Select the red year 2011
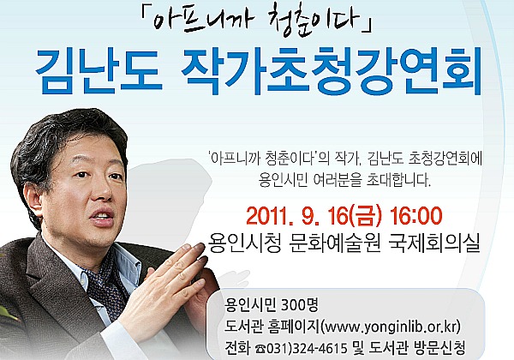[x=269, y=217]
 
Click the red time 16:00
[x=415, y=216]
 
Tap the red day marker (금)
[x=366, y=217]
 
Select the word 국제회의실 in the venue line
[x=434, y=243]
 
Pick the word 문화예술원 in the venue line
[x=335, y=243]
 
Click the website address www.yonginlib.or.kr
[x=391, y=327]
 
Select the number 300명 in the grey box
[x=299, y=306]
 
